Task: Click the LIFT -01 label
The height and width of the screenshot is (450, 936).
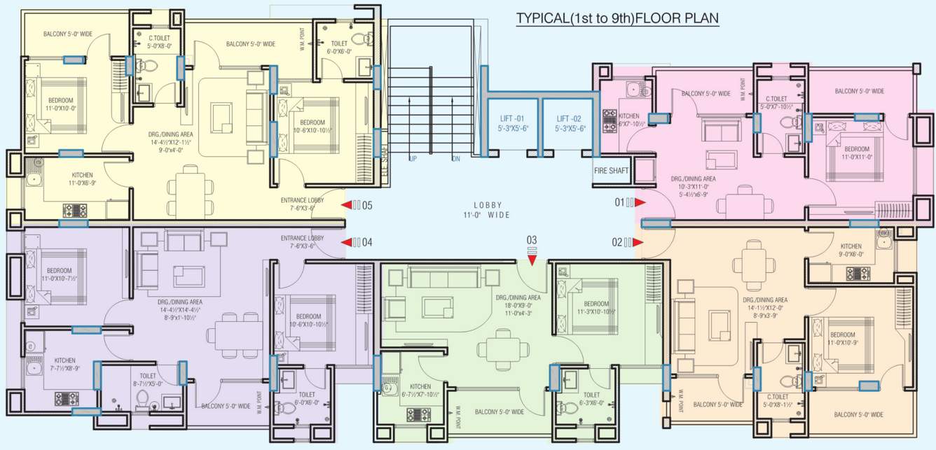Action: click(x=510, y=123)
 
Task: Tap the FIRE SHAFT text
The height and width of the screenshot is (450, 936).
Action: click(x=612, y=170)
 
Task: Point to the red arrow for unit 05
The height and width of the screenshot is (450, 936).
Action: click(x=346, y=205)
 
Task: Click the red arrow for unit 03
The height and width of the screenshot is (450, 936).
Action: click(x=532, y=260)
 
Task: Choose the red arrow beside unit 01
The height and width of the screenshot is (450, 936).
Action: click(x=640, y=203)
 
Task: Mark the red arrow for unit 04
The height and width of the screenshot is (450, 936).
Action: click(x=346, y=242)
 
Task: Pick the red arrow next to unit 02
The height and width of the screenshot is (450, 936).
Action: click(x=640, y=243)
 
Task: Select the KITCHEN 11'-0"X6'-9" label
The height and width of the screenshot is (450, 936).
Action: click(x=83, y=179)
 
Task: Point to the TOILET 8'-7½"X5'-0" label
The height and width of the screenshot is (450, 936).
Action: click(x=148, y=379)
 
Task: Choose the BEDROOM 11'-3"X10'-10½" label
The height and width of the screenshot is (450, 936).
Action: click(x=596, y=307)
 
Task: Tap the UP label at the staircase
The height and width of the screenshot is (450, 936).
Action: click(x=413, y=160)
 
